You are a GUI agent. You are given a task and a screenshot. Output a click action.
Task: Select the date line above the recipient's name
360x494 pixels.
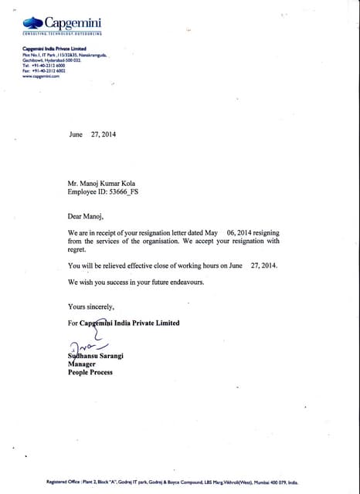point(93,134)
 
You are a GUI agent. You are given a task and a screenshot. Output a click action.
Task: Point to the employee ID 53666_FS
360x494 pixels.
point(127,191)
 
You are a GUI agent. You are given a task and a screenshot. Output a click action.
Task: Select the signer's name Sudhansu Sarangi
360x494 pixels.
point(96,356)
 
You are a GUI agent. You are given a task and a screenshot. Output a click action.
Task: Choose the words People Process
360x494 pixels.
point(90,372)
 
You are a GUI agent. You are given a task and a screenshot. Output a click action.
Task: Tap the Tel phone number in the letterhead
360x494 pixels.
point(48,66)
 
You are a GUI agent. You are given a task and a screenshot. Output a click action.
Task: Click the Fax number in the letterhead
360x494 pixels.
point(48,71)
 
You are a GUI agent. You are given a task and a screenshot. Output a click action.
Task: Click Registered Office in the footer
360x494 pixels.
point(66,481)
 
